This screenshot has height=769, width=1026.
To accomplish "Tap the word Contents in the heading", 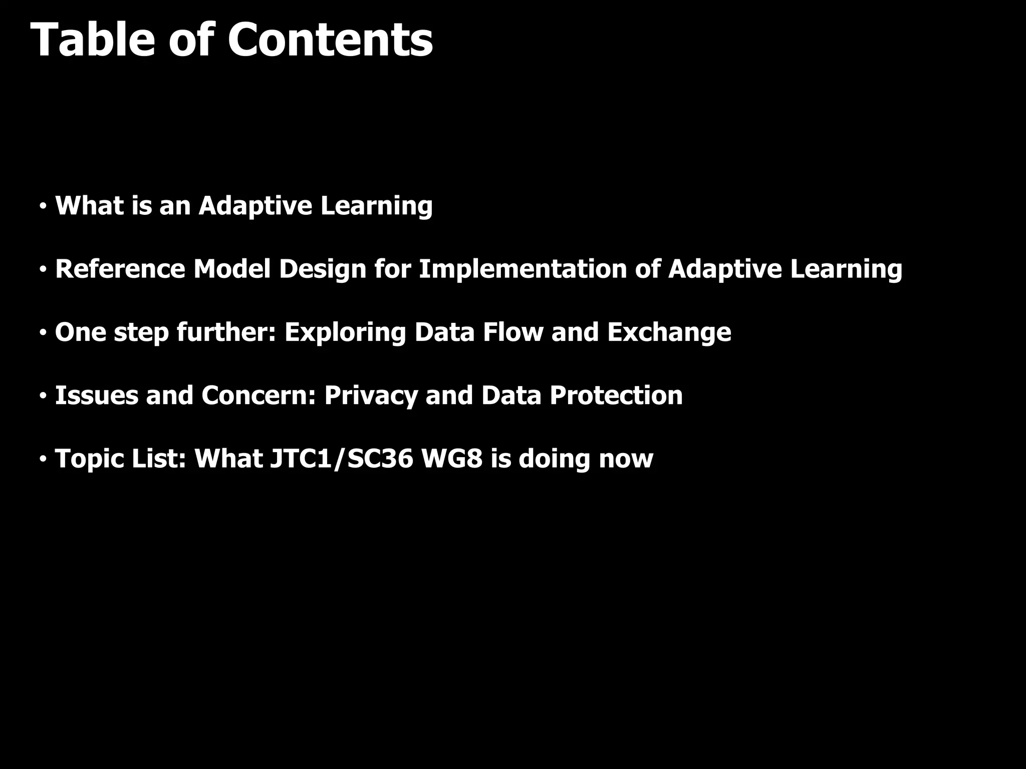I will coord(330,40).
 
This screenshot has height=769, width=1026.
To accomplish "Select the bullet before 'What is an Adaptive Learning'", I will coord(44,206).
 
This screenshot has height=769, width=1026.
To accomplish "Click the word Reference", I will coord(120,269).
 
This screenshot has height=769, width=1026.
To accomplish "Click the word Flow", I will coord(512,332).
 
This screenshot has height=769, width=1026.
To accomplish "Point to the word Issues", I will coord(96,396).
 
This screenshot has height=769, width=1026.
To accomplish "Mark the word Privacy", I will coord(371,396).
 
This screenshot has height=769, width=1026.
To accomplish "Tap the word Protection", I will coord(616,396).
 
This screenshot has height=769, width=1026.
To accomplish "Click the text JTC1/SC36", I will coord(342,459).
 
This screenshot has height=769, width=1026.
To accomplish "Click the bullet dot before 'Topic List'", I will coord(44,459).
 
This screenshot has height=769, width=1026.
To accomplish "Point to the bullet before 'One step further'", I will coord(44,332).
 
